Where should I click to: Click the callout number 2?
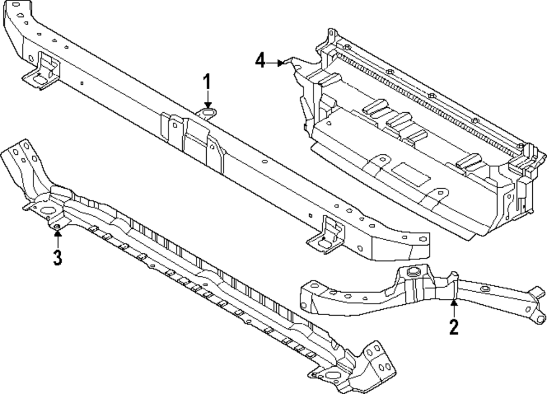(453, 327)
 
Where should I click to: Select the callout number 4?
(261, 61)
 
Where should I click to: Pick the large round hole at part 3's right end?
(332, 375)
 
